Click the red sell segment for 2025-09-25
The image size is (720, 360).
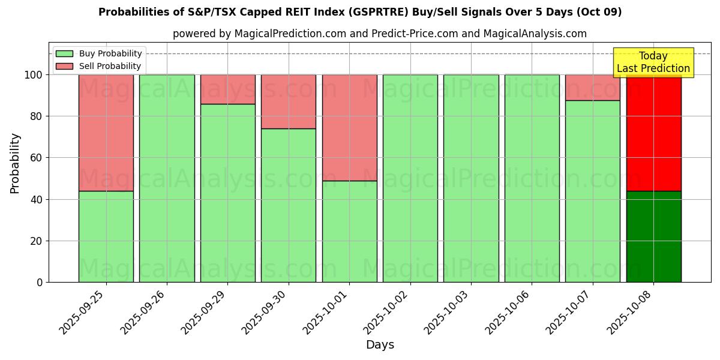[106, 133]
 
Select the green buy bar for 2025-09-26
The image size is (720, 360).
[167, 178]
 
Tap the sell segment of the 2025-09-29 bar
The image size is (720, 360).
[228, 89]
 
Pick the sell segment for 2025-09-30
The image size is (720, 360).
[289, 101]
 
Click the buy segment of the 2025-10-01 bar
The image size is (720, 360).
[349, 231]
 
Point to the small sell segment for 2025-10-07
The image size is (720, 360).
[593, 88]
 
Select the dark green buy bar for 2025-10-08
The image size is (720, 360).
[653, 236]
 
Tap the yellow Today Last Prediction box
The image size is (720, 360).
[653, 62]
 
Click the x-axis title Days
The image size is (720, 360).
[380, 345]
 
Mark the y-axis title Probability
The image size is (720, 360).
[15, 163]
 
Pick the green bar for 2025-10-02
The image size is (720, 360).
[410, 178]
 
